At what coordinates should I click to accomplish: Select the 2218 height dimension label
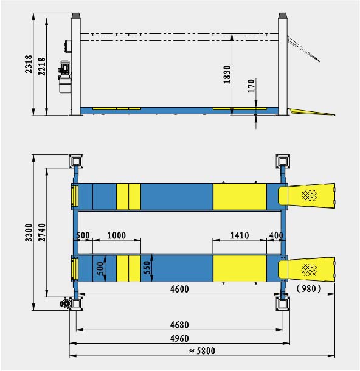point(41,67)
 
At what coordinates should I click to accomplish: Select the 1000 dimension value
point(116,235)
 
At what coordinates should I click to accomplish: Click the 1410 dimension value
point(238,235)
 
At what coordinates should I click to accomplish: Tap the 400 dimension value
point(275,235)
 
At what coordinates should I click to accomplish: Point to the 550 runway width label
point(146,268)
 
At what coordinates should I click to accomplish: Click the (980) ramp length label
point(309,289)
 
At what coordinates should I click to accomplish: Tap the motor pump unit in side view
point(64,76)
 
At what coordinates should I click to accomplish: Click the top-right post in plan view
point(283,161)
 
